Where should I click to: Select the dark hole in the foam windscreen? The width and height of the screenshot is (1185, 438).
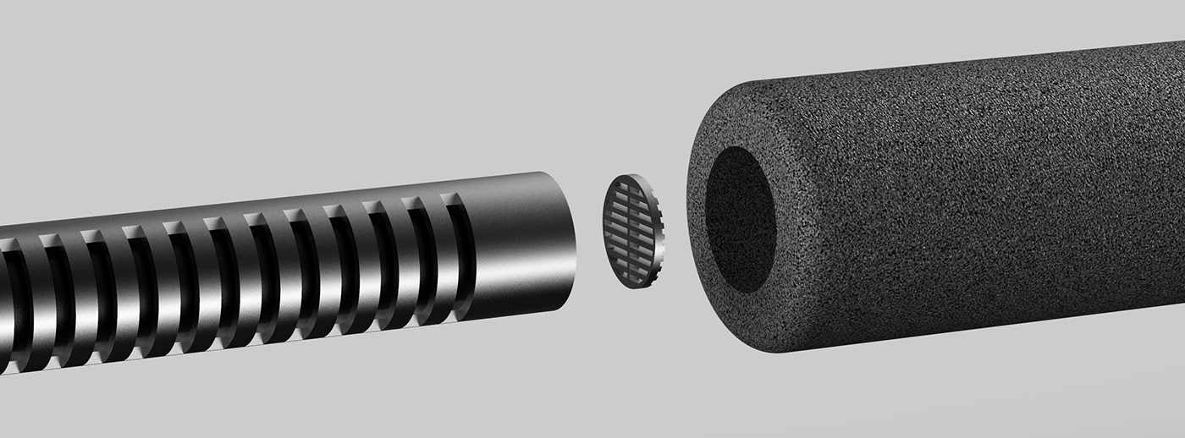click(x=740, y=220)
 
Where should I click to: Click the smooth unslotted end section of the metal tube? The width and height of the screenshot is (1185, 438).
click(x=516, y=245)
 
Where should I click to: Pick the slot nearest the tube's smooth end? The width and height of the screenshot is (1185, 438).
click(x=460, y=254)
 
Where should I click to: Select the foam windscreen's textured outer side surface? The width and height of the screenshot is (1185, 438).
click(x=973, y=211)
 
